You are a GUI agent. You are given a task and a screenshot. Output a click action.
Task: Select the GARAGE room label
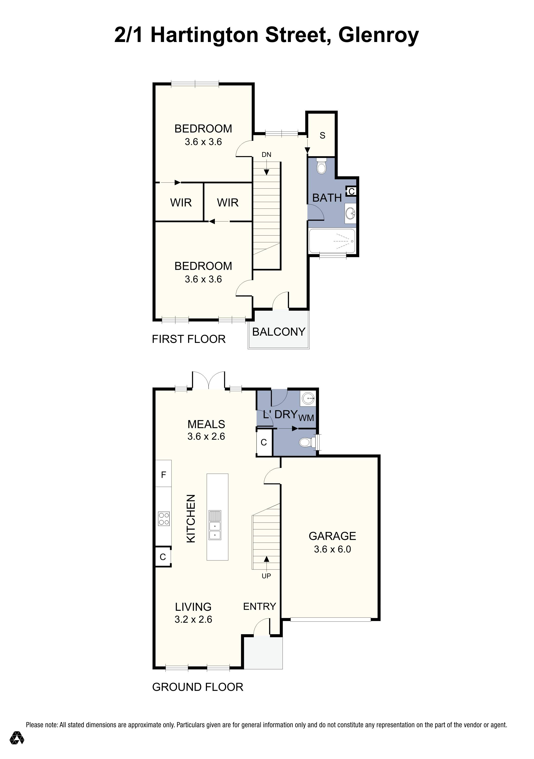pos(332,536)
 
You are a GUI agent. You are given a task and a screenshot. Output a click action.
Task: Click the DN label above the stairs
pos(266,154)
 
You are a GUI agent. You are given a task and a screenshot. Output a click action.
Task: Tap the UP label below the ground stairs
pos(266,576)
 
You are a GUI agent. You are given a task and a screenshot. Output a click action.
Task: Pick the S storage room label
pos(322,135)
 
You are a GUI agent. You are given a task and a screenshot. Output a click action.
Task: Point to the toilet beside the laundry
pos(305,442)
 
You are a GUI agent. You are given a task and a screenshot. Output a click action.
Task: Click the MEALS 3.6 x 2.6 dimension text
pos(206,436)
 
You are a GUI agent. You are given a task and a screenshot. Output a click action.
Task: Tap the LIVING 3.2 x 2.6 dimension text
pos(193,619)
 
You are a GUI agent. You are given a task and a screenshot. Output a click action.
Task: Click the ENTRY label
pos(259,606)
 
